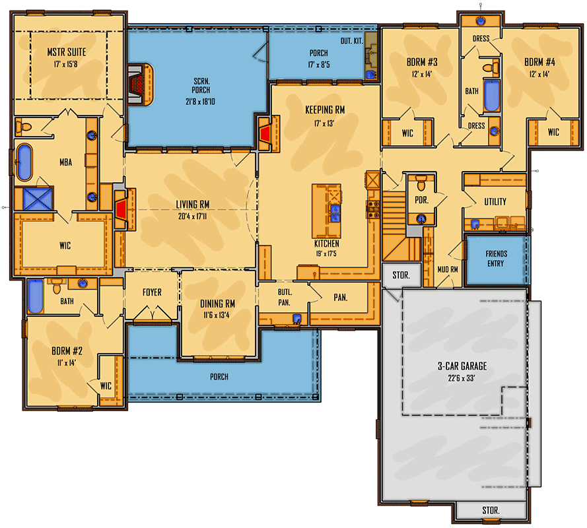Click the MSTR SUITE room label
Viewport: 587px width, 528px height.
tap(66, 51)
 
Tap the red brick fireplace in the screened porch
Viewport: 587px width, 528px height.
tap(139, 82)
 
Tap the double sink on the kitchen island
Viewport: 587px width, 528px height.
tap(335, 213)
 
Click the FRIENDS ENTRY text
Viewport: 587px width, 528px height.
tap(495, 259)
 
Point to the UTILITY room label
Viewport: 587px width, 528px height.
tap(495, 202)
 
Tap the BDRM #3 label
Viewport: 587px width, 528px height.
tap(422, 63)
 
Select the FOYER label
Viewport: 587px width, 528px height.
tap(152, 292)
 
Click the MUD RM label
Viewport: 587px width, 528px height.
tap(447, 269)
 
